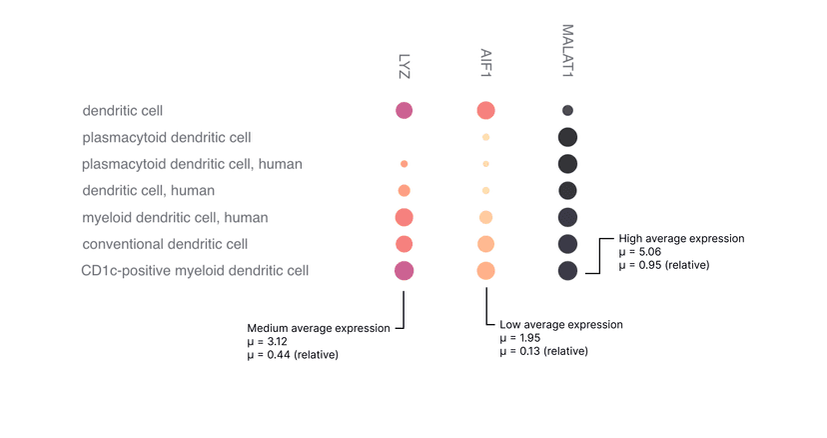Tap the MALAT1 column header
[567, 51]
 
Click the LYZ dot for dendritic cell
[405, 110]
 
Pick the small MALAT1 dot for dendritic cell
[567, 110]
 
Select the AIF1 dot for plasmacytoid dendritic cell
[485, 137]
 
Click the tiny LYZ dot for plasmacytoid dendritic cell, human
[405, 163]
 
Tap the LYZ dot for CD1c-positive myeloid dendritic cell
[405, 270]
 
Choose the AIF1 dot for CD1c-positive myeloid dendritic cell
[485, 270]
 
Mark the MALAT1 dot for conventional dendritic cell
[567, 243]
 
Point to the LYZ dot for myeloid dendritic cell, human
[405, 217]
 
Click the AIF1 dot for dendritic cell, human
[485, 190]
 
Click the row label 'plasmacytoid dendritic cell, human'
[192, 163]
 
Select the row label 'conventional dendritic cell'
[165, 243]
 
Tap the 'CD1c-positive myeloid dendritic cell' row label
[195, 270]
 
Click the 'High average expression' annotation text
[681, 239]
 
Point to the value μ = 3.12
[269, 341]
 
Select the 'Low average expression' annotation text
[560, 325]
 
